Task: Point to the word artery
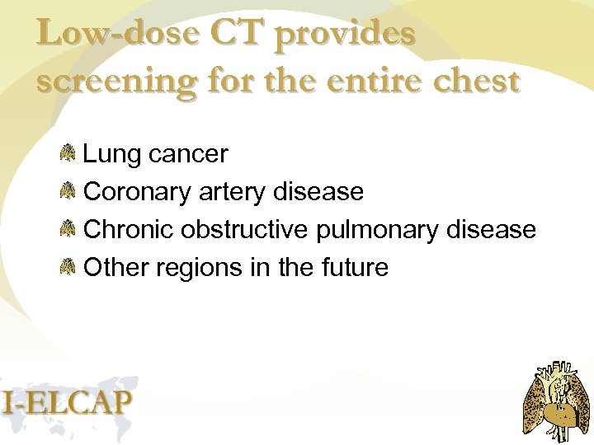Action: coord(233,193)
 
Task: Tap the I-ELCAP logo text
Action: coord(67,401)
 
